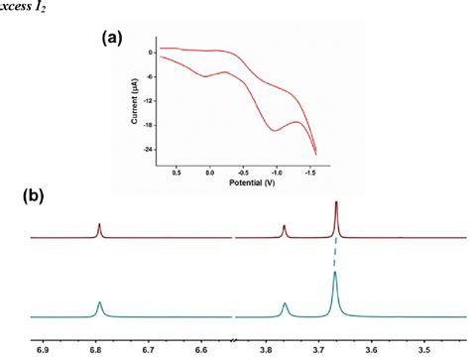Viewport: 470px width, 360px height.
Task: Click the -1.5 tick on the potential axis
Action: pyautogui.click(x=312, y=172)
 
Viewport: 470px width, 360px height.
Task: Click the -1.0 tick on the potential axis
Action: pyautogui.click(x=279, y=172)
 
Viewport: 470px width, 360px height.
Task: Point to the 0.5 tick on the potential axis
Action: pyautogui.click(x=176, y=172)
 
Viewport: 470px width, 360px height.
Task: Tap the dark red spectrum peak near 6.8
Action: pyautogui.click(x=99, y=226)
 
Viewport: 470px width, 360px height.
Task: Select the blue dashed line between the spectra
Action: pyautogui.click(x=336, y=254)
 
